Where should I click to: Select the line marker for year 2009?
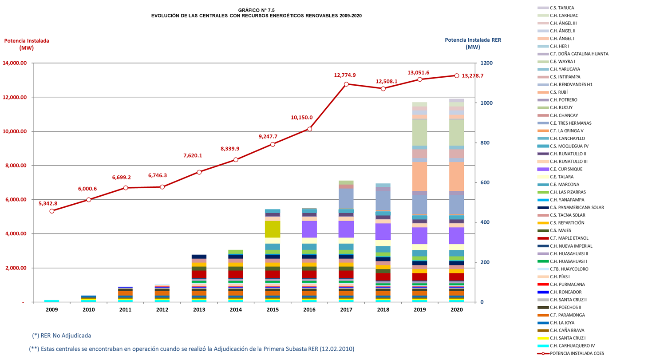point(52,211)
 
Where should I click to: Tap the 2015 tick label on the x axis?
point(273,310)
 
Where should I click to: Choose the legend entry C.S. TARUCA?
point(562,8)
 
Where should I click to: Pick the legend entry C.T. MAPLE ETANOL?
point(568,238)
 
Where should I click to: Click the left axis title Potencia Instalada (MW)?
point(27,44)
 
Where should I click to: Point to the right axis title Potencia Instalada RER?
point(473,40)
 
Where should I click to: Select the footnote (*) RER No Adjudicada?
point(64,335)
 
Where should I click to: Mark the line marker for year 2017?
point(346,84)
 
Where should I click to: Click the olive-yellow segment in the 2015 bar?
point(273,229)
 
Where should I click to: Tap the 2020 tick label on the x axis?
point(456,310)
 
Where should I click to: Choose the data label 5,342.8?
point(48,204)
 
